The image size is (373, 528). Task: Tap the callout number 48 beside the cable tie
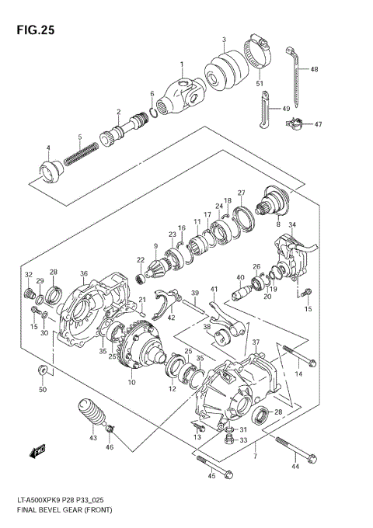315,69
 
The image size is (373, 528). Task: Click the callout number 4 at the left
47,148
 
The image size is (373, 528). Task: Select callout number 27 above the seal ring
242,193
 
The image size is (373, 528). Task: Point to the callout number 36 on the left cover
84,273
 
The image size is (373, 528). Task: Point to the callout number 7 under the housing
277,456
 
